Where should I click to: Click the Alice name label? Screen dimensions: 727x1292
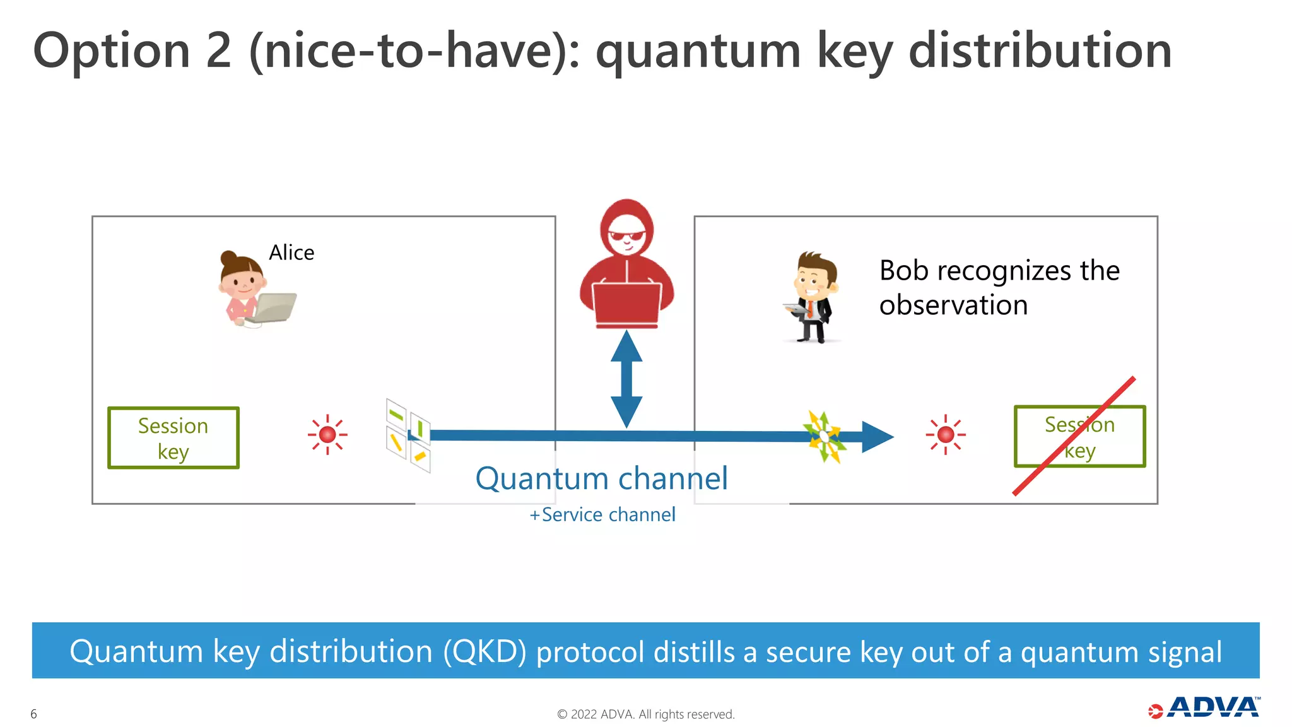tap(291, 252)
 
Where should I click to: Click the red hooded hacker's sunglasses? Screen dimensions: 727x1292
tap(626, 237)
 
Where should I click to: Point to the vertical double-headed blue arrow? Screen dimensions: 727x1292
tap(626, 379)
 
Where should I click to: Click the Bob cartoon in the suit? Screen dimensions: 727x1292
tap(814, 297)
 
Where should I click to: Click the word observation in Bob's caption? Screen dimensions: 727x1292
tap(953, 305)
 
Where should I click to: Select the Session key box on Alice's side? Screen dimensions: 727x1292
tap(173, 438)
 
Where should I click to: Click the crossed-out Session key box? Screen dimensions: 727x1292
tap(1079, 437)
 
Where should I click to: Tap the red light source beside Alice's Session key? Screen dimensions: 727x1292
tap(327, 434)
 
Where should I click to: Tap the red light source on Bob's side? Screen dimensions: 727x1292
tap(945, 434)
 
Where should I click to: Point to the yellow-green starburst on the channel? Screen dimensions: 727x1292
tap(825, 436)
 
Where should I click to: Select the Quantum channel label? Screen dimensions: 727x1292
tap(601, 478)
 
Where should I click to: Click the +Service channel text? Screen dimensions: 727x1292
tap(602, 515)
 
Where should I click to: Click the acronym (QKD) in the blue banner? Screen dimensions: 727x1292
tap(484, 651)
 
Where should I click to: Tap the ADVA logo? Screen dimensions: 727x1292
tap(1205, 707)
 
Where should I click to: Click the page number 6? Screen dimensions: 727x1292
tap(33, 714)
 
